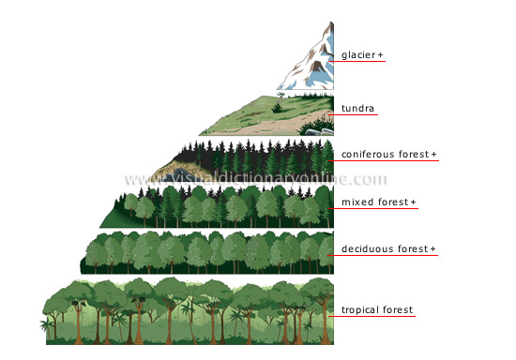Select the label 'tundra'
357,108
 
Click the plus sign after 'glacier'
381,56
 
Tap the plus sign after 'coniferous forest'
434,154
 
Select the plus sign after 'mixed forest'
414,202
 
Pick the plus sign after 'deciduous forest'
434,248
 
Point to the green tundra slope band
263,117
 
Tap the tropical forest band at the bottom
188,309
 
